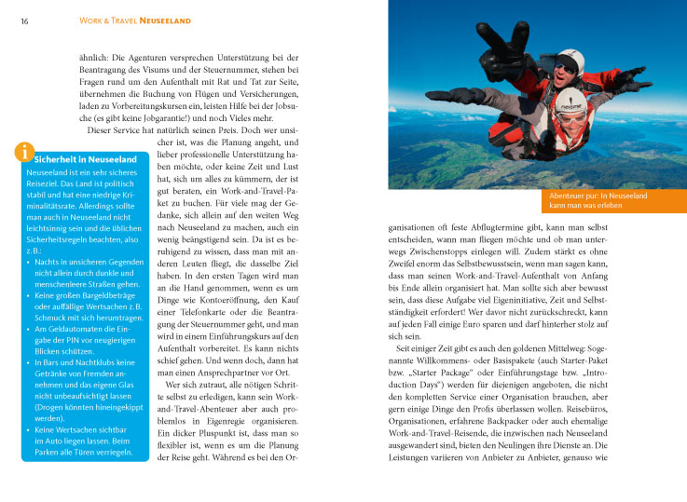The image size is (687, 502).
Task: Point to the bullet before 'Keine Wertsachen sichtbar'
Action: pyautogui.click(x=29, y=431)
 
